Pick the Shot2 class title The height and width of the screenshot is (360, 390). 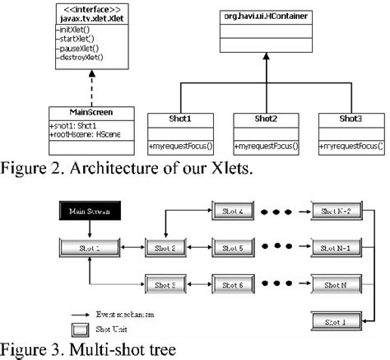click(267, 118)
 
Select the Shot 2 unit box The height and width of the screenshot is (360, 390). click(167, 247)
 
